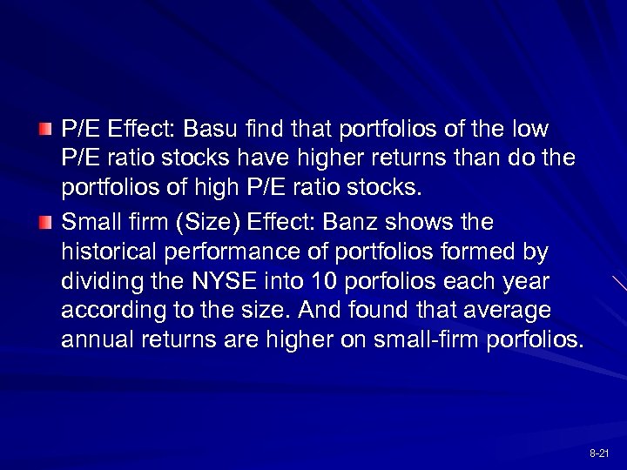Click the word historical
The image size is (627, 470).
(106, 252)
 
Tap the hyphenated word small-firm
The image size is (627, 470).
(429, 338)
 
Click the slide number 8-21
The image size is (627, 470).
(599, 454)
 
